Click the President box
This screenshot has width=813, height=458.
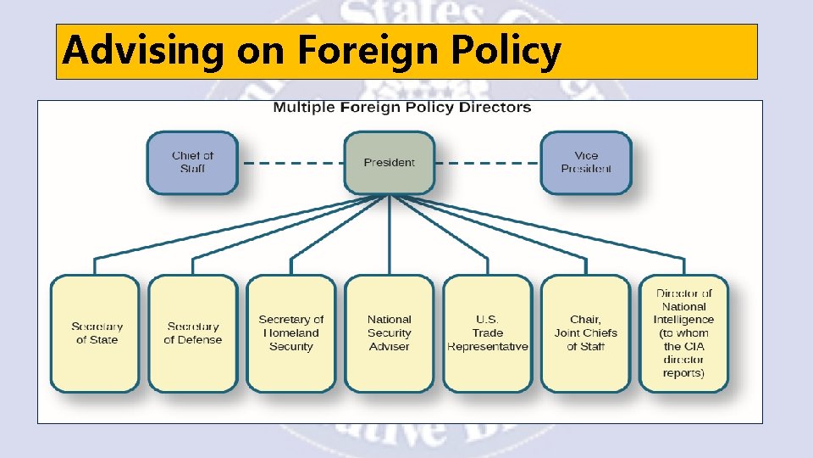pyautogui.click(x=389, y=163)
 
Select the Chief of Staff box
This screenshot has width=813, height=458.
pyautogui.click(x=192, y=163)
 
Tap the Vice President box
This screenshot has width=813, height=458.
pyautogui.click(x=585, y=163)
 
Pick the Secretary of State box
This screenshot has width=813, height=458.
pyautogui.click(x=95, y=333)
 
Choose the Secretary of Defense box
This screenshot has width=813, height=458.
pyautogui.click(x=193, y=333)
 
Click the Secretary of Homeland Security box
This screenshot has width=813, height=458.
pyautogui.click(x=291, y=333)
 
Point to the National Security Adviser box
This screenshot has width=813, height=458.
pyautogui.click(x=389, y=333)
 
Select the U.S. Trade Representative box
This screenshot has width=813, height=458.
pyautogui.click(x=487, y=333)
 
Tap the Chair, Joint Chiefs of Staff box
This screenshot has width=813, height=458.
pyautogui.click(x=585, y=333)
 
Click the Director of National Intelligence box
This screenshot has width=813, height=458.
pyautogui.click(x=683, y=333)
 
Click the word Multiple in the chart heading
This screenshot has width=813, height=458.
pyautogui.click(x=304, y=108)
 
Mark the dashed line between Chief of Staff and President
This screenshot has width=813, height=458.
pyautogui.click(x=290, y=163)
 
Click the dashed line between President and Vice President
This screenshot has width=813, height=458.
pyautogui.click(x=488, y=163)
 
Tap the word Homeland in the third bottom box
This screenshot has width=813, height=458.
pyautogui.click(x=291, y=333)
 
